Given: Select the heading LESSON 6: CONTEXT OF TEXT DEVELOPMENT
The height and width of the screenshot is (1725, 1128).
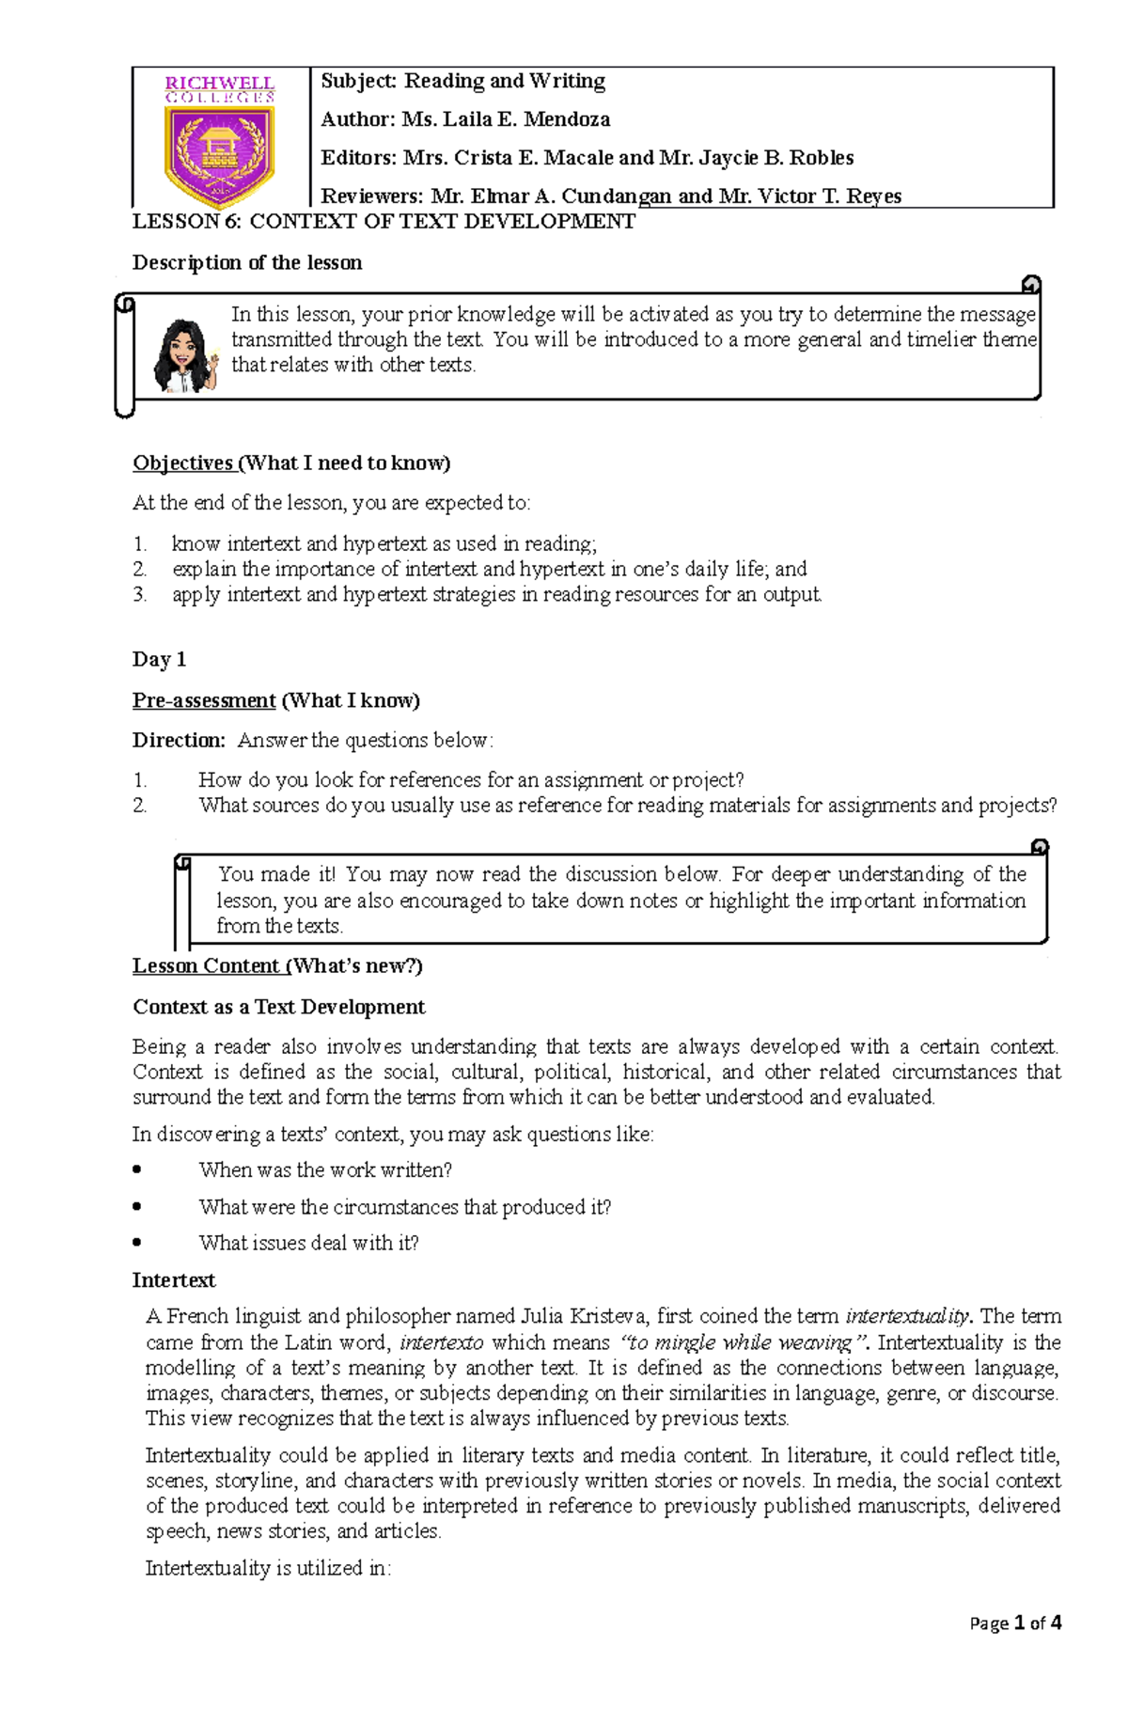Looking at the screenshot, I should click(x=384, y=222).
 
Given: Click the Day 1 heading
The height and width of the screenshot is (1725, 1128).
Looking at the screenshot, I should click(x=159, y=659).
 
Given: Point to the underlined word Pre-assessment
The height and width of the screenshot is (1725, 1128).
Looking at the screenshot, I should click(x=204, y=700).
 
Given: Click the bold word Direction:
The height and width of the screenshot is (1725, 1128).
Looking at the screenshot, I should click(x=179, y=740).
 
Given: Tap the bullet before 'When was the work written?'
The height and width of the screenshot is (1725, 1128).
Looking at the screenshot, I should click(x=138, y=1169).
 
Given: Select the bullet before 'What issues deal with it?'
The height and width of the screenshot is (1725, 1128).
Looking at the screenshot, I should click(x=138, y=1242).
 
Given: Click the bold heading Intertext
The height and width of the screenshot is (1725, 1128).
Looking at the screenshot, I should click(x=174, y=1280).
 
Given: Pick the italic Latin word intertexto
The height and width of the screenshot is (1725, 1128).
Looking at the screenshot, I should click(x=442, y=1342).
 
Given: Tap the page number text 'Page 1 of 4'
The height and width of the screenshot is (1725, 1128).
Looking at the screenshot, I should click(x=1015, y=1623).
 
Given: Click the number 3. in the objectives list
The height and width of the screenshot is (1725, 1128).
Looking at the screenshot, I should click(x=140, y=594).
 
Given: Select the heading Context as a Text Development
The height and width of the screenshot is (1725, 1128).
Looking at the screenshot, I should click(x=278, y=1007).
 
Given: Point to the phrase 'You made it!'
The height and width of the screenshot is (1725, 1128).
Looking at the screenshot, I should click(x=276, y=874).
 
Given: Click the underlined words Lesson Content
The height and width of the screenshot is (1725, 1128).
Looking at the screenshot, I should click(x=206, y=966).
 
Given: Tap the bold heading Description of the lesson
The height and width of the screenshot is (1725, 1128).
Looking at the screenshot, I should click(x=247, y=262).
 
